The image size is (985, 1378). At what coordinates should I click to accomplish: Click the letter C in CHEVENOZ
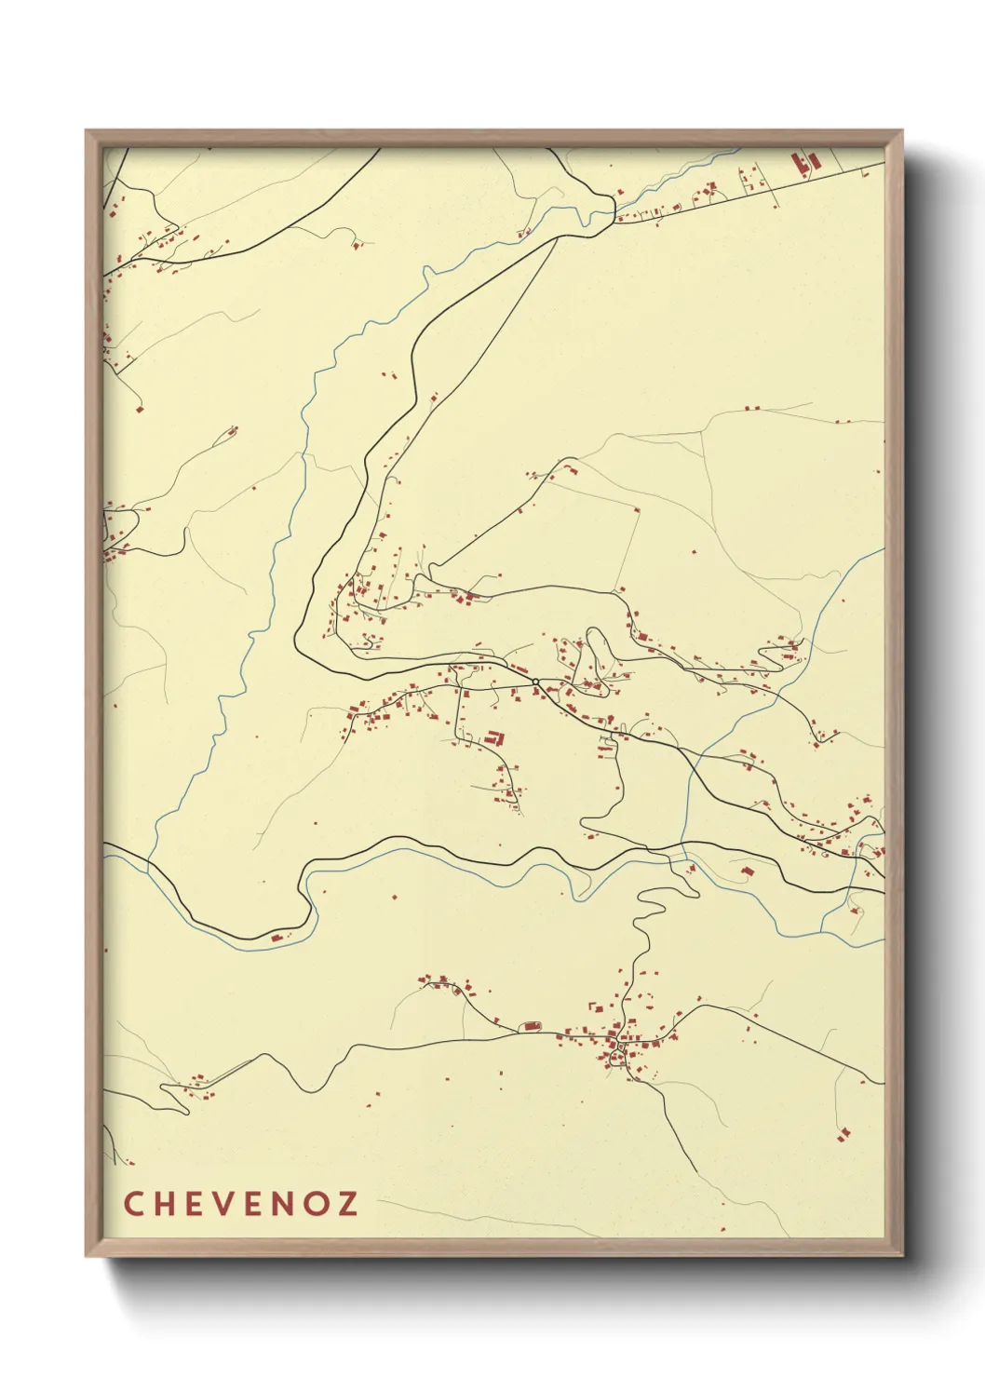pyautogui.click(x=132, y=1203)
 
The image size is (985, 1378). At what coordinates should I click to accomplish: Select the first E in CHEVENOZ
pyautogui.click(x=194, y=1203)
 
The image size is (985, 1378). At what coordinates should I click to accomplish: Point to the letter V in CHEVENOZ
pyautogui.click(x=223, y=1203)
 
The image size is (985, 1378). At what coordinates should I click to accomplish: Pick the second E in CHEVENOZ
pyautogui.click(x=254, y=1203)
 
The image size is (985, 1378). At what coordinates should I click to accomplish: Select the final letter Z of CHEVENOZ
pyautogui.click(x=347, y=1203)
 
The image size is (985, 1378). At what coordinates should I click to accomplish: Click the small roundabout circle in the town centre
pyautogui.click(x=536, y=683)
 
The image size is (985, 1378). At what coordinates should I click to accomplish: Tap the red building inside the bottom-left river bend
pyautogui.click(x=277, y=936)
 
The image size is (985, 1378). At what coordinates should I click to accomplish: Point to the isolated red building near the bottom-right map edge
pyautogui.click(x=844, y=1133)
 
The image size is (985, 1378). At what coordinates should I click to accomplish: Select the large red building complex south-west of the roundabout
pyautogui.click(x=495, y=738)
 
